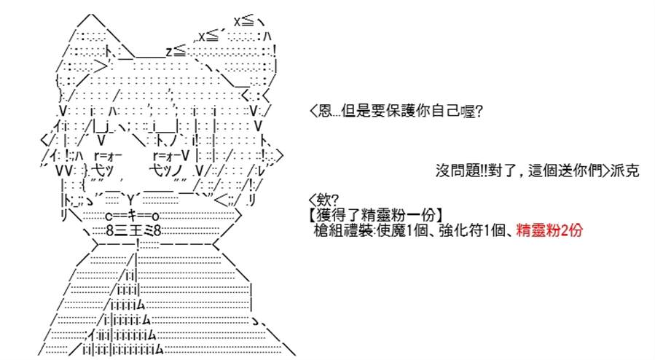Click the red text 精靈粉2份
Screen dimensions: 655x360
tap(549, 230)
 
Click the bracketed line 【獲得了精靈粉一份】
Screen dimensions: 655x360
tap(376, 215)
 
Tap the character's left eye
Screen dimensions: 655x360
tap(106, 163)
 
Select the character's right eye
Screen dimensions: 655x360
tap(169, 163)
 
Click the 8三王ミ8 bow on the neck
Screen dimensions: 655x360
tap(133, 230)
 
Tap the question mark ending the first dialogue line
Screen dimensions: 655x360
tap(479, 111)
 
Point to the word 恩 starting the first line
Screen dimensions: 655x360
tap(325, 111)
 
